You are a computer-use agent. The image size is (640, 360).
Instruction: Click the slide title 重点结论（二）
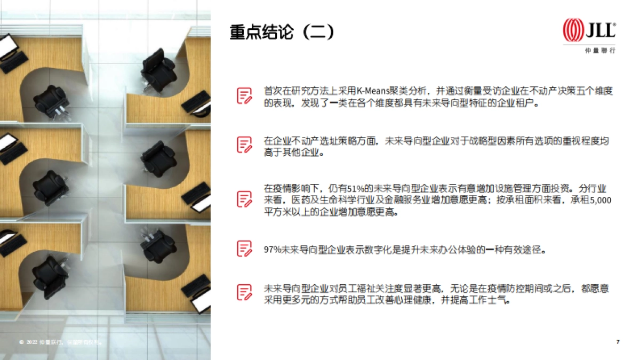pos(282,33)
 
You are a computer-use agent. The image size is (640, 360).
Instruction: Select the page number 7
pos(618,342)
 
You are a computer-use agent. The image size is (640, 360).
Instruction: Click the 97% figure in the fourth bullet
pos(273,250)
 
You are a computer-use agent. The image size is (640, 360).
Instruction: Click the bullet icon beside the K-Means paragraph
pos(244,95)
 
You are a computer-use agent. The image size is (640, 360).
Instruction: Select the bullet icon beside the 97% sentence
pos(244,249)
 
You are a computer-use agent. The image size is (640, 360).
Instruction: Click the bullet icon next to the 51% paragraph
pos(244,198)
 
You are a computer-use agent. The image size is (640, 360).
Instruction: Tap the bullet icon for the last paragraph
pos(244,292)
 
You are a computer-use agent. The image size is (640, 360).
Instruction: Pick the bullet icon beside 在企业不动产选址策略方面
pos(244,145)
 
